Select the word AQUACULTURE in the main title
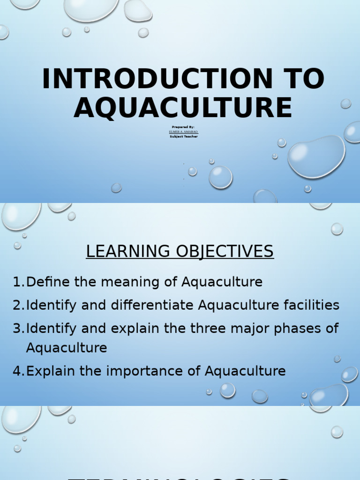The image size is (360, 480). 183,107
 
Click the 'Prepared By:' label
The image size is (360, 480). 183,127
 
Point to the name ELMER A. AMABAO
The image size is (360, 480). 183,132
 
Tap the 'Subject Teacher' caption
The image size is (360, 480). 184,136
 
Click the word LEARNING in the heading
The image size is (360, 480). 128,252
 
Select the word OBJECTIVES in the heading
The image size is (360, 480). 225,252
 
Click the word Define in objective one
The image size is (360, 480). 46,282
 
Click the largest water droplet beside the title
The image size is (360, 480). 316,156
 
